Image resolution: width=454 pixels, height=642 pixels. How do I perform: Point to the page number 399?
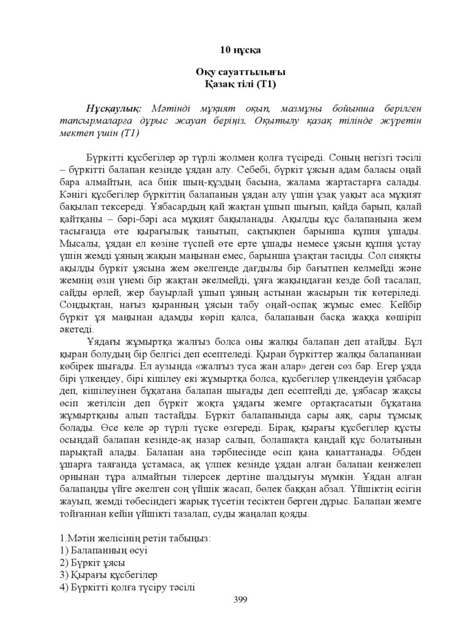coord(240,600)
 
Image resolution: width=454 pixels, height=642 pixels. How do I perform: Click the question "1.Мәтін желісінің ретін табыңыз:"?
coord(135,538)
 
